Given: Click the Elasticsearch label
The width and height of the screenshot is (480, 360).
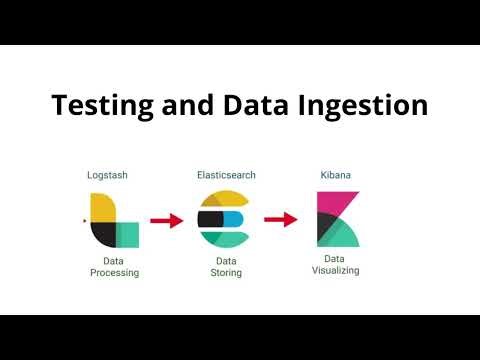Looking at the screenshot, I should [x=226, y=174].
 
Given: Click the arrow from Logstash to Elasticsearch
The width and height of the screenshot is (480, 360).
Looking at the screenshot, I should [x=167, y=221].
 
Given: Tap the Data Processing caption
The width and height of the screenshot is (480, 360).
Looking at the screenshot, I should [x=114, y=266].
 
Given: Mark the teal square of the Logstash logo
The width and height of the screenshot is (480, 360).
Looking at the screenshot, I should [x=127, y=235].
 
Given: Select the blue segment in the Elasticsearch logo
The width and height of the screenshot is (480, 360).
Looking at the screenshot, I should [x=234, y=219].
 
